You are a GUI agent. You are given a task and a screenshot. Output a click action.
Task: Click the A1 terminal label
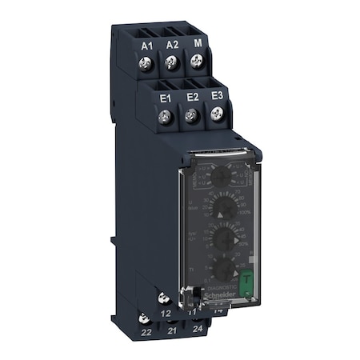click(146, 46)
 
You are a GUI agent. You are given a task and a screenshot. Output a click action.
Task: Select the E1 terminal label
click(167, 97)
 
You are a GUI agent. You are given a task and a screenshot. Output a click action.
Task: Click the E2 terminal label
click(191, 97)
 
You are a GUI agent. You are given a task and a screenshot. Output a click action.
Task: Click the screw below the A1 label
click(146, 65)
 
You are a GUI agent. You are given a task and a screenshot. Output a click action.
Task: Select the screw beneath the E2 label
click(191, 118)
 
